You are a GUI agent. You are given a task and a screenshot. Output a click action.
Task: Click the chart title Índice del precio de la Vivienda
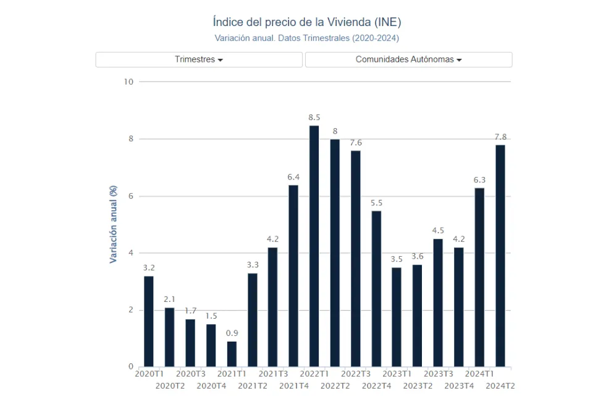coord(306,22)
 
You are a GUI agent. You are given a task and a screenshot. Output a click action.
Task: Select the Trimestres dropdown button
coord(199,59)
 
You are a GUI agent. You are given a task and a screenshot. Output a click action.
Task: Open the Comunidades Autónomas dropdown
coord(408,59)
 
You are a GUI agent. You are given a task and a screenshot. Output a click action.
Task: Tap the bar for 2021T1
coord(232,354)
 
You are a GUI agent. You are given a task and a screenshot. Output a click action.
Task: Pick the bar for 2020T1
coord(149,321)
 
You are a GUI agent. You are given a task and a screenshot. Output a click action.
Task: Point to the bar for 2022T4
coord(376,288)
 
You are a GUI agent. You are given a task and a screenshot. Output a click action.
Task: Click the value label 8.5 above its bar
coord(314,118)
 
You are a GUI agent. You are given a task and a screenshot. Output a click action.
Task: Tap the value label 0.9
coord(232,334)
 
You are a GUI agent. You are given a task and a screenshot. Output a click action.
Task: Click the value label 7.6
coord(356,143)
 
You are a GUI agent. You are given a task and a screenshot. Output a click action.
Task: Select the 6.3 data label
coord(479,180)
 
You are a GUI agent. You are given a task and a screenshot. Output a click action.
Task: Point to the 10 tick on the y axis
coord(128,82)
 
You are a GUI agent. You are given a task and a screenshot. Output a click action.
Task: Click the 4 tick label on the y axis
coord(130,253)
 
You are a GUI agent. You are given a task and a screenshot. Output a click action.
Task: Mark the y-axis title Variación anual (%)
coord(114,224)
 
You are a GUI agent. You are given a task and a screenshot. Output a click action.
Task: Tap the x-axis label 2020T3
coord(191,374)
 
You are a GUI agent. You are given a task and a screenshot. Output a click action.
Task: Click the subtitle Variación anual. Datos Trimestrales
coord(306,38)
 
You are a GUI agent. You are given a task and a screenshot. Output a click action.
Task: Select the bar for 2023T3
coord(438,303)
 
